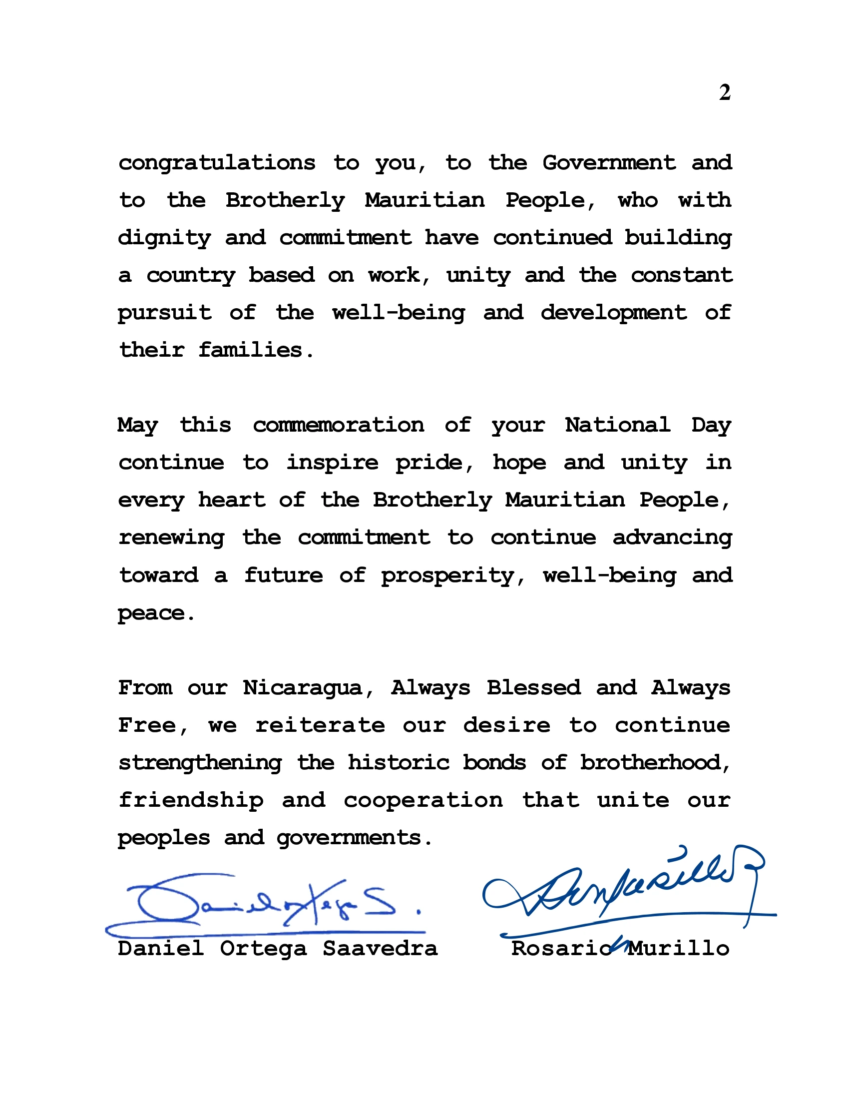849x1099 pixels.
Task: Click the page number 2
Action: tap(724, 92)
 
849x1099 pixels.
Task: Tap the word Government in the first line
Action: tap(609, 163)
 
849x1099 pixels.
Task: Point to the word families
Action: tap(257, 350)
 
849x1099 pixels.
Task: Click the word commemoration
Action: tap(338, 425)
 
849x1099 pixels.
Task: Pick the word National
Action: tap(617, 425)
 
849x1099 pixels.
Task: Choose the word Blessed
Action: tap(533, 688)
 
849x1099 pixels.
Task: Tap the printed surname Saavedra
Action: tap(380, 949)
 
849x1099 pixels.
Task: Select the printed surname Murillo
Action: tap(679, 949)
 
